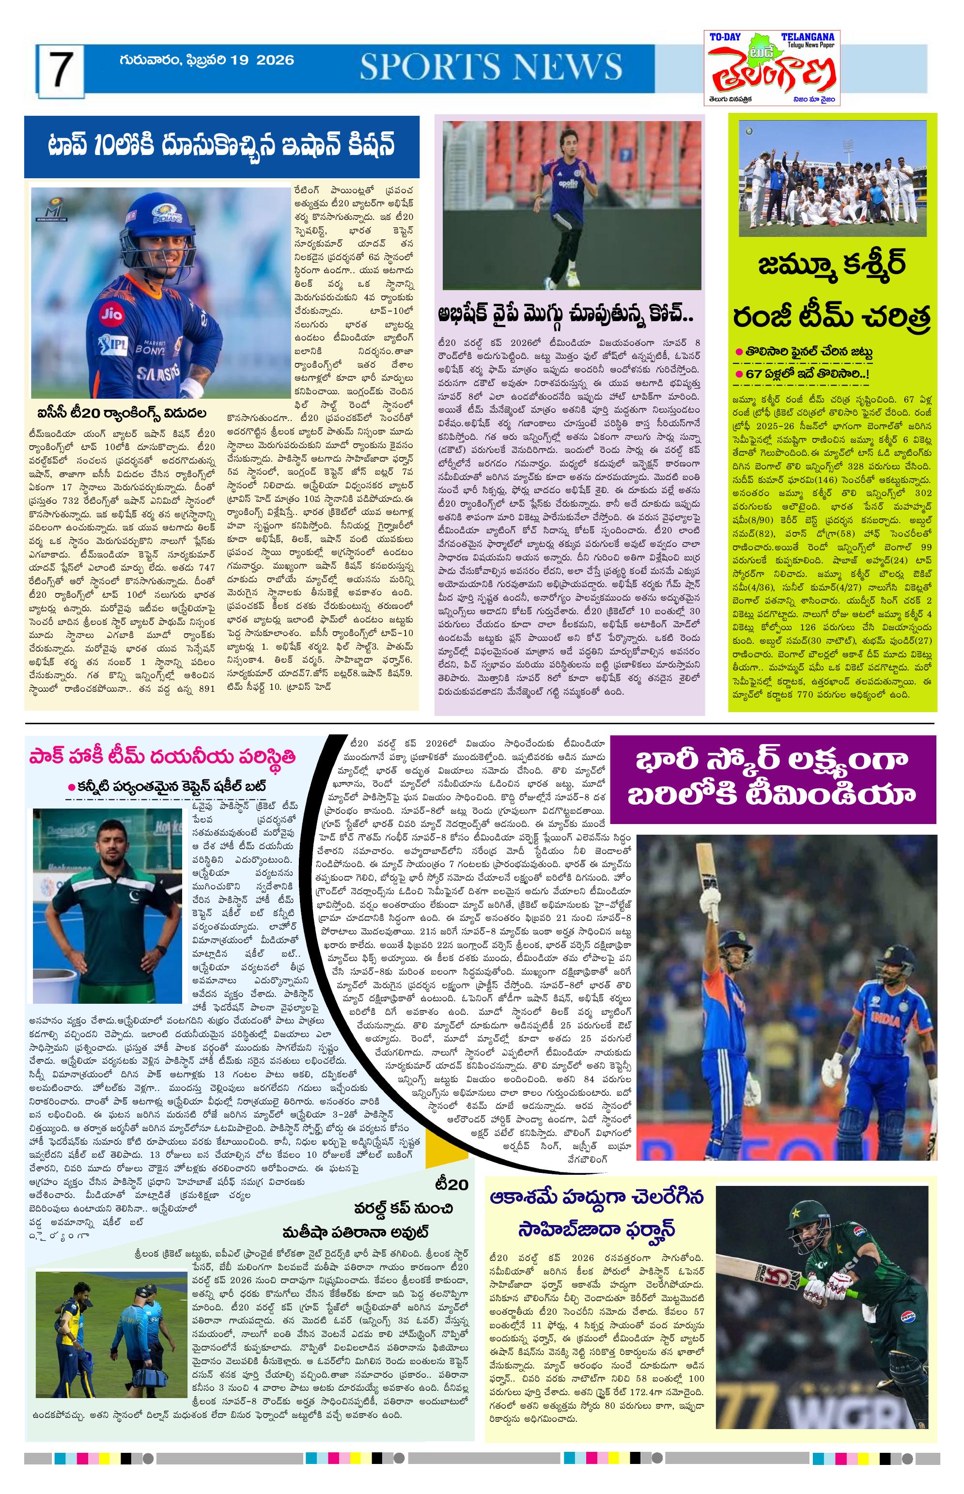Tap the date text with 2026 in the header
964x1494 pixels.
tap(206, 60)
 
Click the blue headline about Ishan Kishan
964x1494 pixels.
tap(221, 146)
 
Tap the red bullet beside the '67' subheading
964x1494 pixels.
tap(739, 373)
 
